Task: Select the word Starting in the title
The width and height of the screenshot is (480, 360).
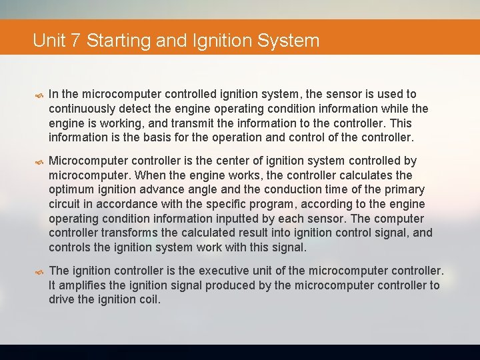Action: (117, 41)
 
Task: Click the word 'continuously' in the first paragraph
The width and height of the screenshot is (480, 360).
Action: (82, 109)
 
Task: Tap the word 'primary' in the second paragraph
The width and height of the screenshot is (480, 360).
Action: (403, 190)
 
